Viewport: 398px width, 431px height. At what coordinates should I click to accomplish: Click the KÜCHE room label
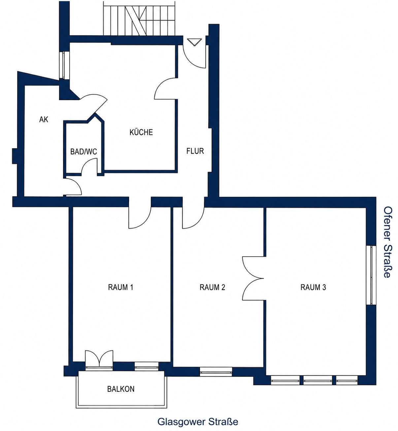pos(141,132)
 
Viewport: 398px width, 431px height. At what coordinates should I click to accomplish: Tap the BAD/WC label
pos(83,152)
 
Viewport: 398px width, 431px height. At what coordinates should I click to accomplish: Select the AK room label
pos(44,119)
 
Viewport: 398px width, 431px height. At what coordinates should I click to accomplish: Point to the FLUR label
pos(195,151)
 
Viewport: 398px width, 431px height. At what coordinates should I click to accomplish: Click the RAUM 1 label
pos(120,287)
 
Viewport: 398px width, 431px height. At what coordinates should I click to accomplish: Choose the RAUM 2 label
pos(212,287)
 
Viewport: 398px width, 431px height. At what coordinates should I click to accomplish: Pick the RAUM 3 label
pos(313,287)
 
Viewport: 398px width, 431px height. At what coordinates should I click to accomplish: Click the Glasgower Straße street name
pos(198,422)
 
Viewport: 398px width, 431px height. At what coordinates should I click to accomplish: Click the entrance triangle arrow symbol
pos(194,42)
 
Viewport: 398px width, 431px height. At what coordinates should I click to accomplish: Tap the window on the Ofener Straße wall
pos(371,275)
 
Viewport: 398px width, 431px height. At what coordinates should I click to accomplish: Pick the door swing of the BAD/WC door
pos(89,166)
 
